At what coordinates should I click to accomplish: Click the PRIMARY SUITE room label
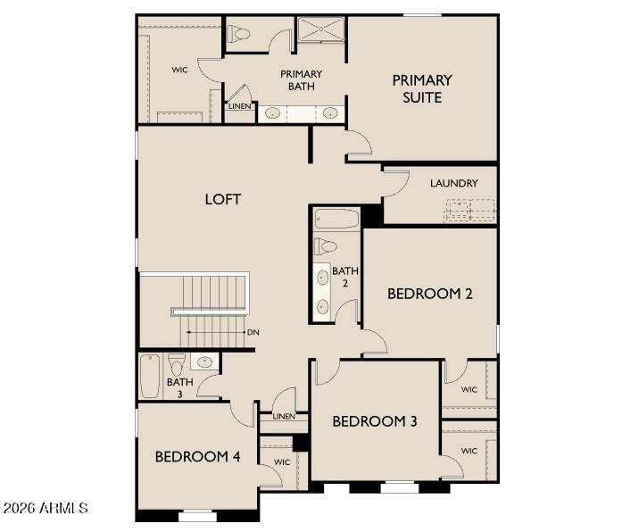coord(422,89)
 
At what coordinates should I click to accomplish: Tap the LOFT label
coord(223,199)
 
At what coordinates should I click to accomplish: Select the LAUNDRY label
coord(454,184)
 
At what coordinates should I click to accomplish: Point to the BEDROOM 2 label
coord(430,294)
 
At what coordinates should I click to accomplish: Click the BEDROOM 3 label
coord(375,421)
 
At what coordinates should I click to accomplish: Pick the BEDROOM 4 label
coord(197,457)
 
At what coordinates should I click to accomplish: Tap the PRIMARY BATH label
coord(301,80)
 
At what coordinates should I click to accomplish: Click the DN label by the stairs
coord(253,332)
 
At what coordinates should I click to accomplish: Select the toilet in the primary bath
coord(239,33)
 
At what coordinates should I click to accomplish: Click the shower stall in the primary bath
coord(321,29)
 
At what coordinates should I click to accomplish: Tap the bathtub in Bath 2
coord(336,219)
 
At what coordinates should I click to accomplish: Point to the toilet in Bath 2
coord(325,245)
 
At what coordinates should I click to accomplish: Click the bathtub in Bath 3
coord(150,377)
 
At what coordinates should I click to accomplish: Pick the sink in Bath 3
coord(204,362)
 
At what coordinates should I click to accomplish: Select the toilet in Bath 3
coord(177,364)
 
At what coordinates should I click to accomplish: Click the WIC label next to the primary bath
coord(179,71)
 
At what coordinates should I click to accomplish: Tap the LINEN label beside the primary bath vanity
coord(239,106)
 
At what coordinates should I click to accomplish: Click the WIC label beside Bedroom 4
coord(282,462)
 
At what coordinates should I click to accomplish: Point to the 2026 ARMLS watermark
coord(45,508)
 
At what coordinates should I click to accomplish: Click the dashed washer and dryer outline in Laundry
coord(470,211)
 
